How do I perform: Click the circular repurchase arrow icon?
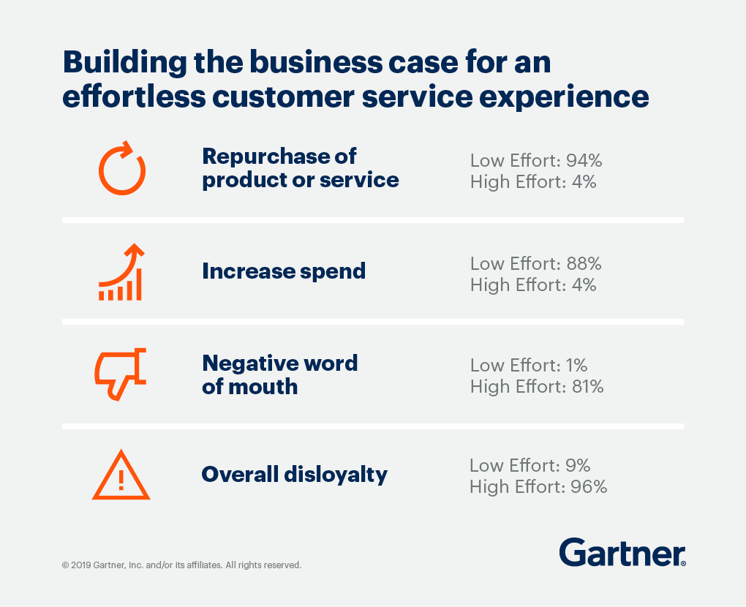click(122, 169)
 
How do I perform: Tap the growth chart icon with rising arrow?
click(121, 273)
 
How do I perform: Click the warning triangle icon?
click(121, 475)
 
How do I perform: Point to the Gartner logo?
click(622, 553)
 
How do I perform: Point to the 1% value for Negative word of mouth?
click(576, 365)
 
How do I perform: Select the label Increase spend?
click(284, 271)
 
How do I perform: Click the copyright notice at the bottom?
click(182, 565)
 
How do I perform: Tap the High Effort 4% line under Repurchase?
click(533, 182)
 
